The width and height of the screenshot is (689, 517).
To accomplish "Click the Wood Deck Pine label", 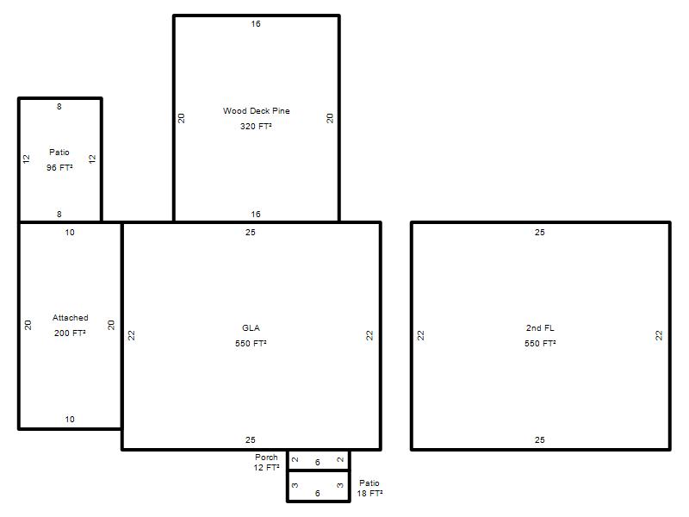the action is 256,111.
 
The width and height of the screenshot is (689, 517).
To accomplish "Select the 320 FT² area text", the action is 256,126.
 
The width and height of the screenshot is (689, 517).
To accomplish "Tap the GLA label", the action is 251,328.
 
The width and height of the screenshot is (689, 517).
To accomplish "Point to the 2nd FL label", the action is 540,328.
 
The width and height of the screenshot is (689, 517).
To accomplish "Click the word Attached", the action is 71,317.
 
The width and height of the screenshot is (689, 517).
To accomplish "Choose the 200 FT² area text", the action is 70,333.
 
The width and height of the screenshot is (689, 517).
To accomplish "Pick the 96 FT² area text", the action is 59,167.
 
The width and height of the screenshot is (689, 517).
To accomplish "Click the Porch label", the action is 266,458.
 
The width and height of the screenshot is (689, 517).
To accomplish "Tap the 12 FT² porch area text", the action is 266,467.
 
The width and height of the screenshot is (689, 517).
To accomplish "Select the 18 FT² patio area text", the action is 369,493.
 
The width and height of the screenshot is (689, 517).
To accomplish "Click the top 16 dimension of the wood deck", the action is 256,24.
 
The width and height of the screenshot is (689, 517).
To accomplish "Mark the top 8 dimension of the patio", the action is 59,106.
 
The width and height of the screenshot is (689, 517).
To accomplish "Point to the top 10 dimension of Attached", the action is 70,232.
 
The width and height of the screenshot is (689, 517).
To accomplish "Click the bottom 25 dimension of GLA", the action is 251,439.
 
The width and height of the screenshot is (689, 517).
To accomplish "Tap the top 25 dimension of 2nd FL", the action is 540,232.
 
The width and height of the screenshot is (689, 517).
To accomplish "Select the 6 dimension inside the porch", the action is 317,462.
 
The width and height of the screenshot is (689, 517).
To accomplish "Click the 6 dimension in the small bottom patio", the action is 317,493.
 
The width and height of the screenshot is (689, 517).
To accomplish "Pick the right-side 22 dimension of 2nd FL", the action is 659,335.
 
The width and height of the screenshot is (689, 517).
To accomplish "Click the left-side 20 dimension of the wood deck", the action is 181,118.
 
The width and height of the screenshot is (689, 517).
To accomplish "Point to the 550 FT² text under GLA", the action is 251,343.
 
